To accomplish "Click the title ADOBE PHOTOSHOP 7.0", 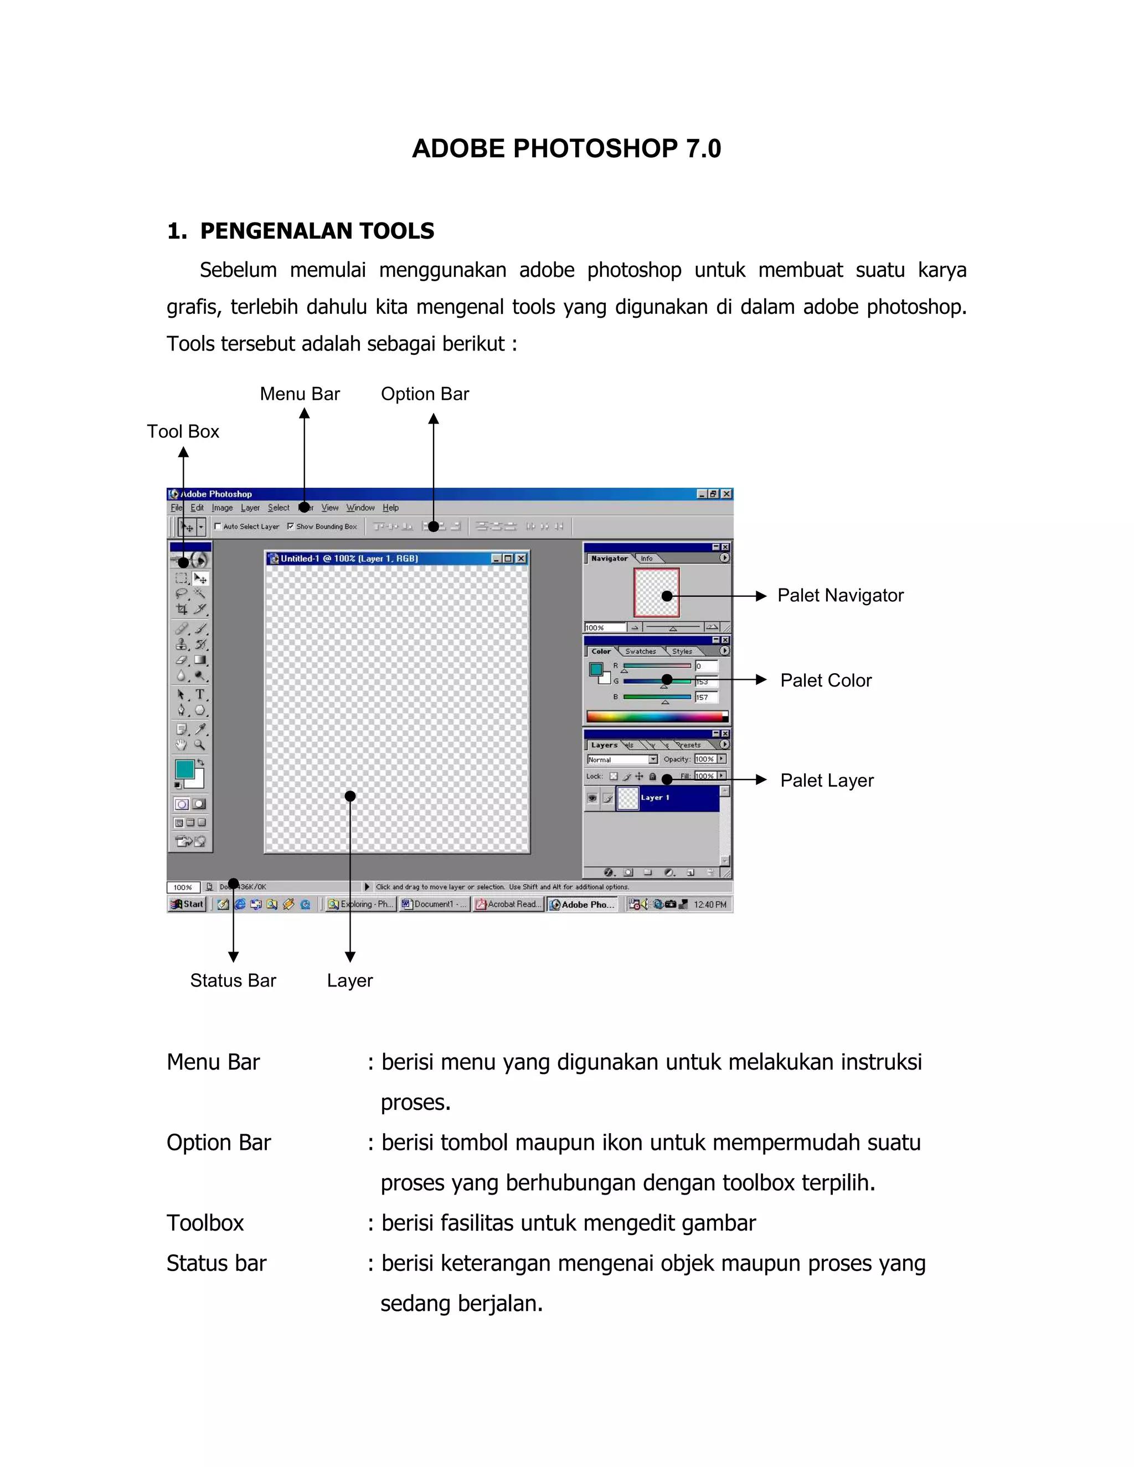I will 566,148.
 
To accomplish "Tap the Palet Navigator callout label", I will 840,595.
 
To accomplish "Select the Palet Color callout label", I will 826,680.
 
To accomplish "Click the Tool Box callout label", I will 183,431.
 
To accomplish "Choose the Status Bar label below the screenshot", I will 233,981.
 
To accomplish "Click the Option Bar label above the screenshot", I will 425,394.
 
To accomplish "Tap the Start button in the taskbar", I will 188,904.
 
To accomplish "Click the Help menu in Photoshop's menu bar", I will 390,508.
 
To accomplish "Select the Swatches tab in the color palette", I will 640,652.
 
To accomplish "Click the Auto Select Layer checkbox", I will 218,526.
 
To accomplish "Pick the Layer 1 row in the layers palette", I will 672,798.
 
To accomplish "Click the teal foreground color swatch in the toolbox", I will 184,769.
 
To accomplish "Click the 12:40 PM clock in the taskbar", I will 710,905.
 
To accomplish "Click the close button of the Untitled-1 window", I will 521,558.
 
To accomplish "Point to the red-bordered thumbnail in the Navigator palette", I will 656,592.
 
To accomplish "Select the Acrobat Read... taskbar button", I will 507,905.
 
